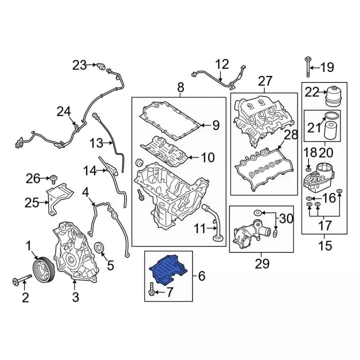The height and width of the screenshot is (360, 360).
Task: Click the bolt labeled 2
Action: (19, 280)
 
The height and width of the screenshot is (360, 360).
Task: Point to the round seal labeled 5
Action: (102, 247)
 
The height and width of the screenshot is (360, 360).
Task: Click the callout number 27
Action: (265, 80)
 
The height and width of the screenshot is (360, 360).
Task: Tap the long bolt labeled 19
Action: (308, 67)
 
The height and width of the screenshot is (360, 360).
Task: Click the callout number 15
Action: (325, 245)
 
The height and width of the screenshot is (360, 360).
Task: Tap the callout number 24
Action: (64, 112)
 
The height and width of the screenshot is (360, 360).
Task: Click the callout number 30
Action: (286, 218)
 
